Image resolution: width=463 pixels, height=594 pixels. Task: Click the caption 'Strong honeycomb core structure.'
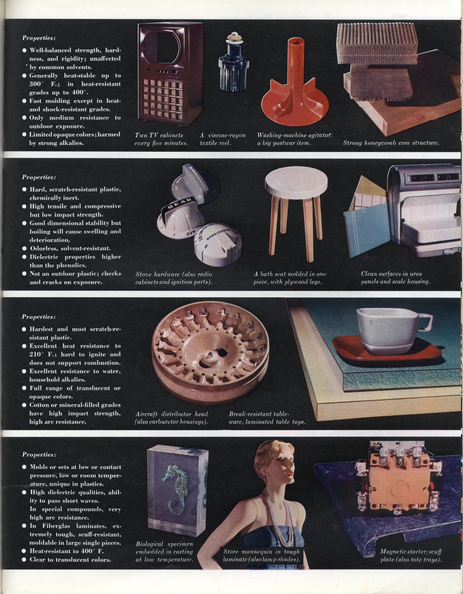[391, 143]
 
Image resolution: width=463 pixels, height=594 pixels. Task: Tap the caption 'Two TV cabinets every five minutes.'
[161, 139]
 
